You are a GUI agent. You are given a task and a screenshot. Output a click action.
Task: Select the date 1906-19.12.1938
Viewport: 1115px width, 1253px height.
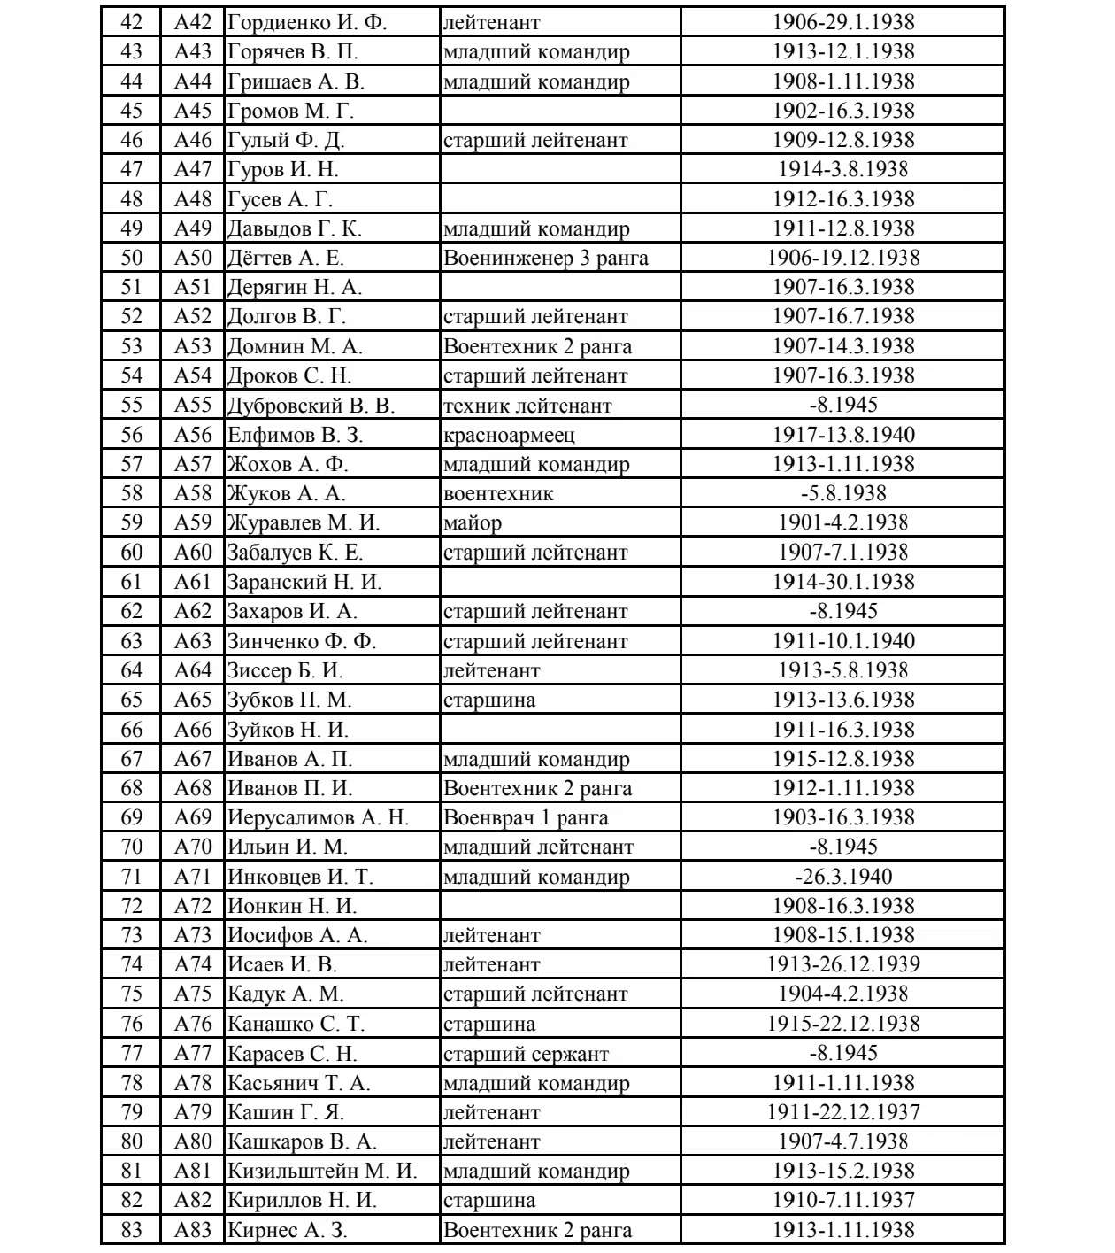pos(842,258)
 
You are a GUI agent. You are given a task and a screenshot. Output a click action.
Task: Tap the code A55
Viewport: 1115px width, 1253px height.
pos(193,405)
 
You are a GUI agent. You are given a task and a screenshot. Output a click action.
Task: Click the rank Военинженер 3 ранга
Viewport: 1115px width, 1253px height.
pos(545,258)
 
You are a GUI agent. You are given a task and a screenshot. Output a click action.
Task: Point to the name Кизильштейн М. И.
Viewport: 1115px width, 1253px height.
pos(322,1171)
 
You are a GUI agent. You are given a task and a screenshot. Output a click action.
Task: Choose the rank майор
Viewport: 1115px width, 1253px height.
pos(473,522)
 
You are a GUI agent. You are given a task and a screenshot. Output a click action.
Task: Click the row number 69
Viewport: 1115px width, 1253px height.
pos(131,817)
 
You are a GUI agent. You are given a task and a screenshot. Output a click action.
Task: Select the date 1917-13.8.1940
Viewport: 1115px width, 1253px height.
pos(842,435)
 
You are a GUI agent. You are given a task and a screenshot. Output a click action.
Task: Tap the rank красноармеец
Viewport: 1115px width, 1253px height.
pos(509,435)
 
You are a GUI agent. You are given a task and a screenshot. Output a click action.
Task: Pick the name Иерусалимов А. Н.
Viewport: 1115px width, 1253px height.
pos(318,817)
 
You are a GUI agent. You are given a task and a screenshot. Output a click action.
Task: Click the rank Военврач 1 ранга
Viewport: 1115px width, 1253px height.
pos(526,817)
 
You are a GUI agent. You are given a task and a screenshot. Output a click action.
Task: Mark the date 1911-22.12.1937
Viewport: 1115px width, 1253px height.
pos(842,1112)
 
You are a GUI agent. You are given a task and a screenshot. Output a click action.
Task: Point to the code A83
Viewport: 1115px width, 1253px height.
pos(193,1230)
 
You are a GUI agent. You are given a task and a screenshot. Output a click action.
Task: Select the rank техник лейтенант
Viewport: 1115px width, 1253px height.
pos(527,406)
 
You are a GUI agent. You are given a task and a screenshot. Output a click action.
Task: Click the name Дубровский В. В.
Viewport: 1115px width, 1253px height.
pos(311,406)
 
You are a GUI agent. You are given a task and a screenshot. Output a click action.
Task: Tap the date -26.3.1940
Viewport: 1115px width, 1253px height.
pos(842,877)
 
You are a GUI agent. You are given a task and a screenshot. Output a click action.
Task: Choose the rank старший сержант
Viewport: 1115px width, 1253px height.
pos(526,1054)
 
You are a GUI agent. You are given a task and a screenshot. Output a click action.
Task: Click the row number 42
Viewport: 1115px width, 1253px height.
pos(131,22)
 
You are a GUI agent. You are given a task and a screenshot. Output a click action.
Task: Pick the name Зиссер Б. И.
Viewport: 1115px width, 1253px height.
pos(285,670)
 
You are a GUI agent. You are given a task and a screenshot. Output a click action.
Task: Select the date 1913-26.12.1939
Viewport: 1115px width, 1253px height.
pos(842,964)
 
